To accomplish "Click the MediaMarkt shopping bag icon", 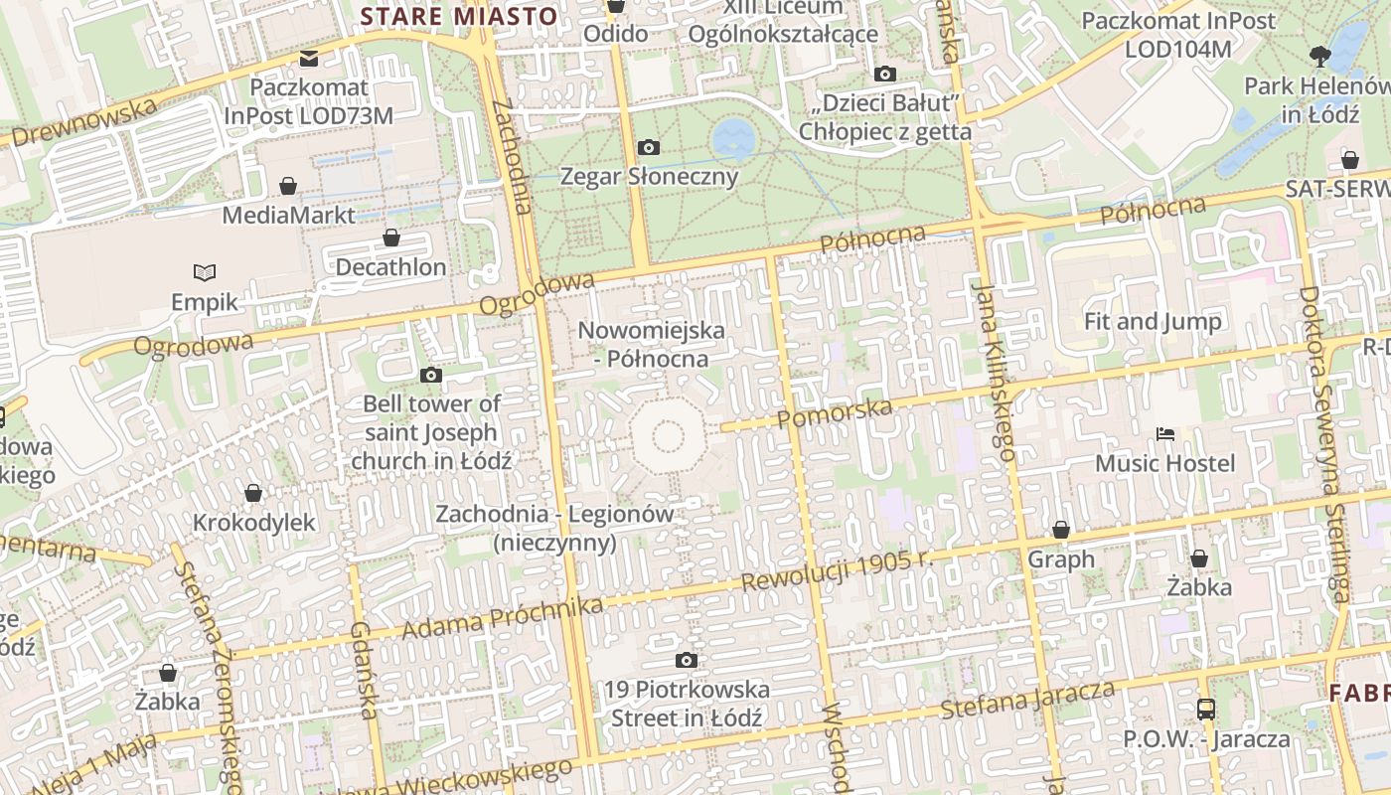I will click(x=288, y=186).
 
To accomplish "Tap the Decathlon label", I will click(x=390, y=267).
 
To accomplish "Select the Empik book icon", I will click(x=205, y=272).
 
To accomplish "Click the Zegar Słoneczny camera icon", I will click(x=649, y=148).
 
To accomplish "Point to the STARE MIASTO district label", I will click(x=458, y=16).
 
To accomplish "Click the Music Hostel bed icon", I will click(x=1165, y=434).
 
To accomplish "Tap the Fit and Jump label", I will click(x=1153, y=321).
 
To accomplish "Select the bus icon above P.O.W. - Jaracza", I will click(x=1206, y=710).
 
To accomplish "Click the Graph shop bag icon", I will click(x=1061, y=530).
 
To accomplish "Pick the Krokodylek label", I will click(x=253, y=523).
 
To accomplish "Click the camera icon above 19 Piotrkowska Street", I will click(x=686, y=661).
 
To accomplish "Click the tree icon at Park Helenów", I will click(x=1319, y=56).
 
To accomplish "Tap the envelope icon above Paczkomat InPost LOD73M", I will click(x=309, y=59).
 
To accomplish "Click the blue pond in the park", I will click(x=733, y=136).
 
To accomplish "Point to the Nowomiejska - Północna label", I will click(x=651, y=344).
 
